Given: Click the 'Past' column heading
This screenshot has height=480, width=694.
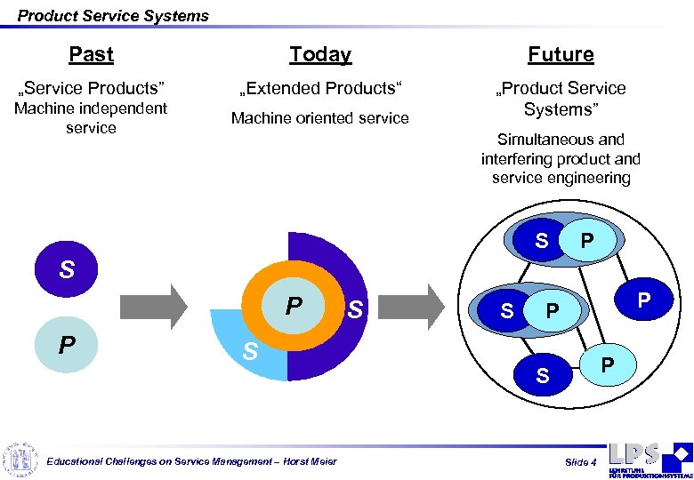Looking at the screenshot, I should tap(91, 55).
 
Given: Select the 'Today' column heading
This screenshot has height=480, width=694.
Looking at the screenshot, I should tap(320, 55).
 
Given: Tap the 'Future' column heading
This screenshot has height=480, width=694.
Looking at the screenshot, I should tap(561, 55).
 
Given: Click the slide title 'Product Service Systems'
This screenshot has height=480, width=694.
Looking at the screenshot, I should tap(113, 15).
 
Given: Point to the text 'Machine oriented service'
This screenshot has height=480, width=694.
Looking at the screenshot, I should tap(320, 118).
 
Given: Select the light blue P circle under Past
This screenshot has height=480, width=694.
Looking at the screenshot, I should tap(67, 343).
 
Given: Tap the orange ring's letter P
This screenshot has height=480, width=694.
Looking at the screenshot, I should tap(293, 307).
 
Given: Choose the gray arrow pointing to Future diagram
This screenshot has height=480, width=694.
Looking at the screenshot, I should tap(418, 307).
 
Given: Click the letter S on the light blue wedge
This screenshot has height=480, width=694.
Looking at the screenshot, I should tap(251, 352).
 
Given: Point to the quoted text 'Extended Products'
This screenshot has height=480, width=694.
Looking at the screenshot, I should tap(320, 88).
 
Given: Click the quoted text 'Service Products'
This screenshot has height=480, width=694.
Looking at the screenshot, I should tap(92, 88).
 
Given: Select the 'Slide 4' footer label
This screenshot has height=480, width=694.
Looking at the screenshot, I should tap(581, 462).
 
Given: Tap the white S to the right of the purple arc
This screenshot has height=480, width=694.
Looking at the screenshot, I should tap(355, 310).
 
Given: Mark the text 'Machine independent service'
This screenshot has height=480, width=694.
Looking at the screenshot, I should tap(91, 118).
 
